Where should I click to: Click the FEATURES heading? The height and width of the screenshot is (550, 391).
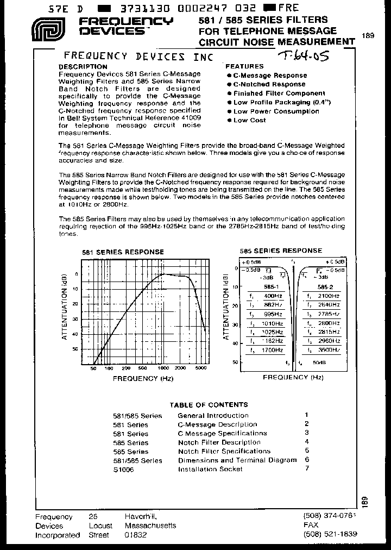(244, 66)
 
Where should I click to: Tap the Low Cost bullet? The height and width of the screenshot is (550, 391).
(249, 120)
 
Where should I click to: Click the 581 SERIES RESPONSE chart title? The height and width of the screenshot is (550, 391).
(123, 252)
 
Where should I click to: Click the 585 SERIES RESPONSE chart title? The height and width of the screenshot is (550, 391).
(281, 251)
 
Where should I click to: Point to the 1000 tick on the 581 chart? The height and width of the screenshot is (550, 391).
(163, 368)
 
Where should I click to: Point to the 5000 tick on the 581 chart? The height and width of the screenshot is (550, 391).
(199, 368)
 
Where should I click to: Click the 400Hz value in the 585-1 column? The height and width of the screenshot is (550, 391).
(274, 296)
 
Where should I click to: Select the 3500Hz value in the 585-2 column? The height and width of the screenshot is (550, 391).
(330, 351)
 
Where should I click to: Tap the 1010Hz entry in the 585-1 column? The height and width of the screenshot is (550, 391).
(274, 323)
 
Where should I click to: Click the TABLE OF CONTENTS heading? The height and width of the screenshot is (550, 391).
(209, 405)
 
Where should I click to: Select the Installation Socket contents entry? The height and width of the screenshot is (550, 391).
(210, 469)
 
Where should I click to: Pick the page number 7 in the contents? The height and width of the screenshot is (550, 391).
(307, 468)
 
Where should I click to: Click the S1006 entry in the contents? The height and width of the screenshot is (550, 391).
(123, 469)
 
